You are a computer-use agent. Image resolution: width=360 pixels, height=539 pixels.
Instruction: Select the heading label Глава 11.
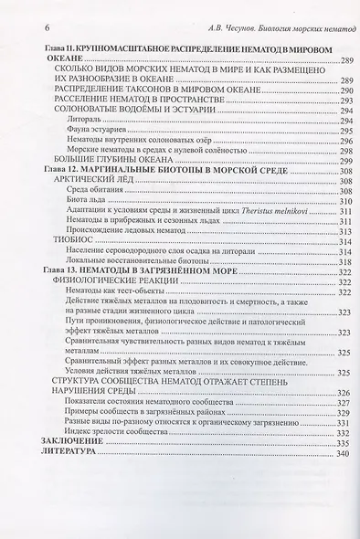(x=51, y=47)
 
